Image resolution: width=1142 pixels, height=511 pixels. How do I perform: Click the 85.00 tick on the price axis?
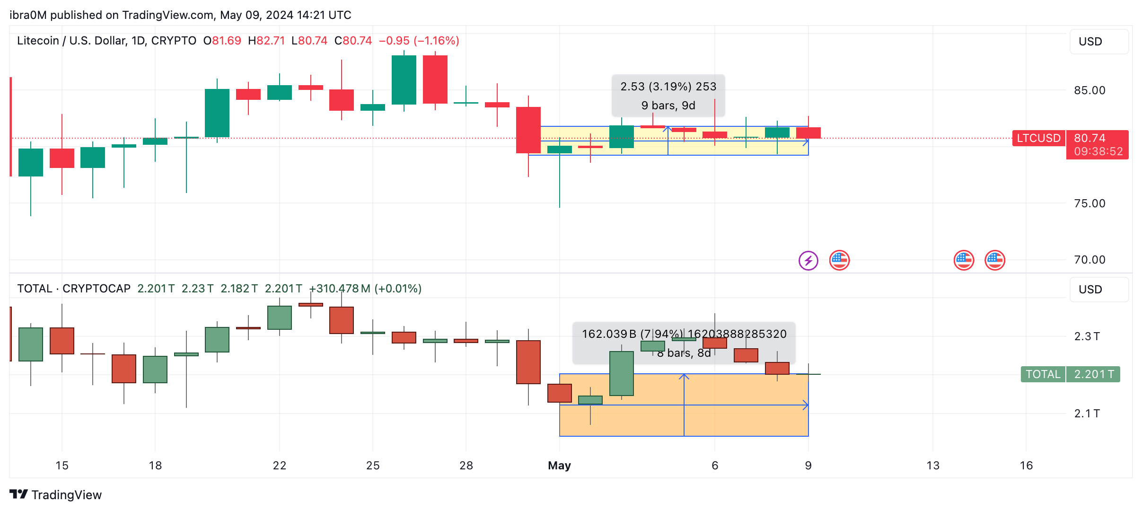click(x=1089, y=90)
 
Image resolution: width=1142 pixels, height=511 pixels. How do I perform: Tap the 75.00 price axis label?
click(x=1089, y=203)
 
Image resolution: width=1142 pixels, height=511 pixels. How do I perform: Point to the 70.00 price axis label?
click(x=1089, y=260)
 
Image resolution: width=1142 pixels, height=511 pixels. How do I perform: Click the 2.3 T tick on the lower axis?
click(x=1087, y=336)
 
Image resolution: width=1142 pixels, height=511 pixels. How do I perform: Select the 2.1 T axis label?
click(x=1087, y=414)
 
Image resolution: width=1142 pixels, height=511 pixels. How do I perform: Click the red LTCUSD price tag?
click(x=1038, y=138)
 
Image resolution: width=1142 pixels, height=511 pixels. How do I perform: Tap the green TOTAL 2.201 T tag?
click(x=1070, y=374)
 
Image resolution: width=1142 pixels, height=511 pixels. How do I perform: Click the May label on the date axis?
click(x=559, y=466)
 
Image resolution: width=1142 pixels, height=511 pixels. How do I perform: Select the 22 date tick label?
click(x=280, y=466)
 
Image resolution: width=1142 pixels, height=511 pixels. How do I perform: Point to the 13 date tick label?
click(x=932, y=466)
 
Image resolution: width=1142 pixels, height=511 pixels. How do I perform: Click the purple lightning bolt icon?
click(x=808, y=260)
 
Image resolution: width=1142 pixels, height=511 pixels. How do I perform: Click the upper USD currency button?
click(x=1098, y=42)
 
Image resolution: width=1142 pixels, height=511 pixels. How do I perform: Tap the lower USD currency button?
click(x=1098, y=290)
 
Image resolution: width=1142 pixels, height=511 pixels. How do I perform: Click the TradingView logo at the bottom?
click(x=56, y=495)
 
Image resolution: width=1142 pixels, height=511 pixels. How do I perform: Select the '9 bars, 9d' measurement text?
click(x=668, y=106)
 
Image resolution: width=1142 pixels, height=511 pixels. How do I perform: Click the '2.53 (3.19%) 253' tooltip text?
click(x=668, y=87)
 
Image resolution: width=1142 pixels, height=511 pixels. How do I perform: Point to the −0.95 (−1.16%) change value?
click(x=419, y=41)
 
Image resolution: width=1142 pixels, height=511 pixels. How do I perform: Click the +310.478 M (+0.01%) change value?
click(x=365, y=289)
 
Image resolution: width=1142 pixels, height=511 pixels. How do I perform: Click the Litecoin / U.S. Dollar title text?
click(x=106, y=41)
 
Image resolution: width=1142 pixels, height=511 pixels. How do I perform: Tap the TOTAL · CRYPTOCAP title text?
click(x=74, y=289)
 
